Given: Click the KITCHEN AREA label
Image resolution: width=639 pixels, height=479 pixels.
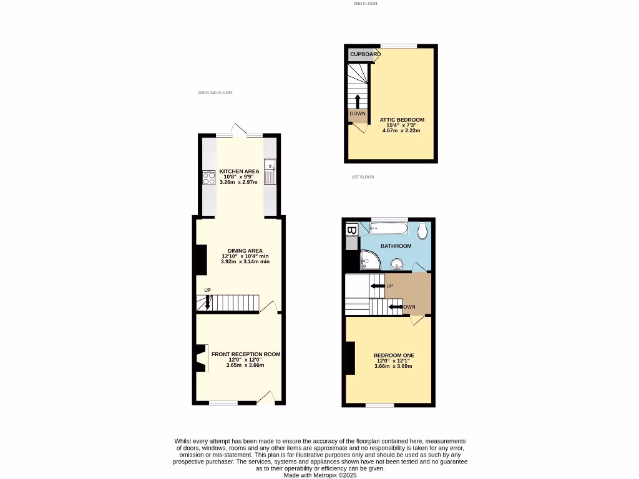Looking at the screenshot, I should (239, 172).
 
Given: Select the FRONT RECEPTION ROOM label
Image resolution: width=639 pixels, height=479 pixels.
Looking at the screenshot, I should (245, 354).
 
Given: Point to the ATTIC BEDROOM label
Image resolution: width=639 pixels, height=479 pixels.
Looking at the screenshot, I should (402, 120).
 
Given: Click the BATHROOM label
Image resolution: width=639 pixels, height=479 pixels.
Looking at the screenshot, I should (396, 246).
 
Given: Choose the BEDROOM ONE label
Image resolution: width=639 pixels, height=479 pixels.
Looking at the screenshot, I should (394, 356).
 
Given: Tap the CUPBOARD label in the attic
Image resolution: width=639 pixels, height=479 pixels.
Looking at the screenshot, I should (364, 54).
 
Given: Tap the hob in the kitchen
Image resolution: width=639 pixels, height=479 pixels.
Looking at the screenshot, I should (208, 178).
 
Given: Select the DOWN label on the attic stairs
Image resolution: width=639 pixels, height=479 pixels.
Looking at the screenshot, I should (358, 114).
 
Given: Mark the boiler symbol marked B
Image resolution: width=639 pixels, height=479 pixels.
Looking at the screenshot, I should (351, 231).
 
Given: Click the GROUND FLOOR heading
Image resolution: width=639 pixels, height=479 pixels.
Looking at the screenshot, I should (215, 93).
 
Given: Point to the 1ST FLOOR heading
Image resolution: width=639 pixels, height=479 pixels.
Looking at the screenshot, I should (363, 177).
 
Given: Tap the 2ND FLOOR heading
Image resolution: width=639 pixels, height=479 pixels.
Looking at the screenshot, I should (365, 4).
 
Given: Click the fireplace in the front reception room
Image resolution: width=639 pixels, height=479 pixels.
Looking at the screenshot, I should (201, 358).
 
